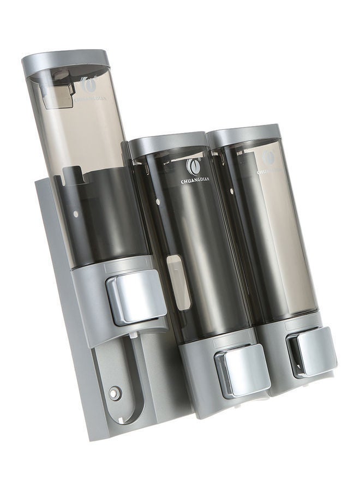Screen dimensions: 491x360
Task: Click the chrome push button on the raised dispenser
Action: pyautogui.click(x=136, y=297)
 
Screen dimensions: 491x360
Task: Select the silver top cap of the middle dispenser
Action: pyautogui.click(x=167, y=143)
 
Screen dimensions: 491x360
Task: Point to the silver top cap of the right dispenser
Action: pyautogui.click(x=244, y=135)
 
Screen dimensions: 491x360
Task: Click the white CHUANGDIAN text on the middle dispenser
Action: pyautogui.click(x=194, y=181)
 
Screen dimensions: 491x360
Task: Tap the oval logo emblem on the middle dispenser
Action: pyautogui.click(x=194, y=166)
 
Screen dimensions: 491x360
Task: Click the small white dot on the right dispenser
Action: pyautogui.click(x=232, y=191)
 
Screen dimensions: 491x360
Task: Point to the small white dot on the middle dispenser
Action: pyautogui.click(x=158, y=202)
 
